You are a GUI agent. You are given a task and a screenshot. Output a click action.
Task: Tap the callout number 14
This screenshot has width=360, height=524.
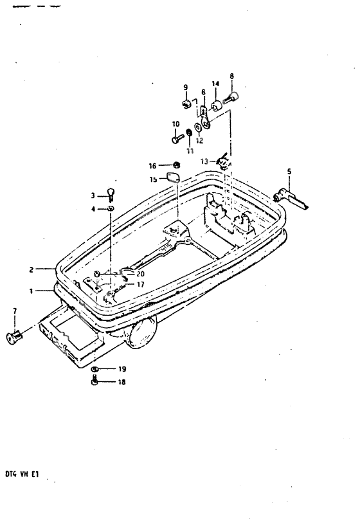coord(215,84)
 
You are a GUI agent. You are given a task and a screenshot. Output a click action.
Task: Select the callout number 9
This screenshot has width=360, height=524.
coord(185,87)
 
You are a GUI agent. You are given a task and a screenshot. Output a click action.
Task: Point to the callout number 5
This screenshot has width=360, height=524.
coord(289,172)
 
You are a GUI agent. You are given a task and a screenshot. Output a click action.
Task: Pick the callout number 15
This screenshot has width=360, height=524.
coord(152,180)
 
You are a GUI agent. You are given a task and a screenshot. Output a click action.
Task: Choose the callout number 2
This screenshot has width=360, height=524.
coord(30,270)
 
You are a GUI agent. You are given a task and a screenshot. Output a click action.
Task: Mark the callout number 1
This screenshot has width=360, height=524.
coord(30,291)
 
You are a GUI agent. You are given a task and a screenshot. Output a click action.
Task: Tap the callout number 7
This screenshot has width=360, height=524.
coord(14,312)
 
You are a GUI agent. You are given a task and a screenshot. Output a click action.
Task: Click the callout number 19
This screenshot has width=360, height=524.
coord(122,370)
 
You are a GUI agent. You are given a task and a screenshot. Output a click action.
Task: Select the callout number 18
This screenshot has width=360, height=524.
coord(122,382)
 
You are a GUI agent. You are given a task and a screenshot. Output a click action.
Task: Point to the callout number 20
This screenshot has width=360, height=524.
coord(141,273)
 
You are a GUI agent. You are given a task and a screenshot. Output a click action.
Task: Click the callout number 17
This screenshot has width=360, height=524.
coord(139,284)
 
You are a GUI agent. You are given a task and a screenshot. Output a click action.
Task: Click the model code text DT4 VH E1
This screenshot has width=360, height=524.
coord(22,480)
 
